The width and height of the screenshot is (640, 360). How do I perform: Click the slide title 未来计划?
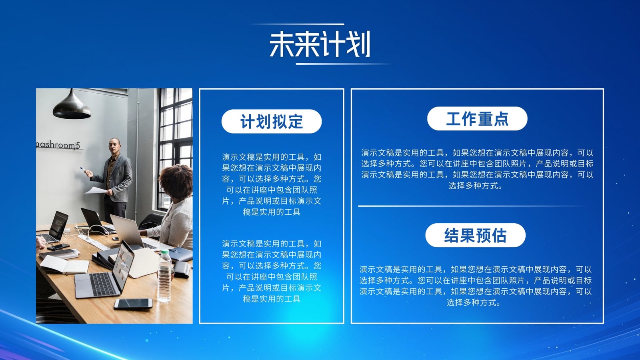click(x=320, y=44)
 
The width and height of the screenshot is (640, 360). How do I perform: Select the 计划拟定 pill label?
click(x=272, y=122)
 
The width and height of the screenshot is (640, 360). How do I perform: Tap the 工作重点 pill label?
click(x=477, y=118)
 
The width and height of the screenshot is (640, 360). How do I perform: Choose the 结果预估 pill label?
click(x=476, y=235)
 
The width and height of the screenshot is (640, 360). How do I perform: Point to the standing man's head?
click(x=114, y=146)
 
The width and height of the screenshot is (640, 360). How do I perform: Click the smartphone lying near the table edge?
click(x=133, y=304)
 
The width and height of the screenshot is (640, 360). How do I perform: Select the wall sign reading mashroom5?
click(x=58, y=145)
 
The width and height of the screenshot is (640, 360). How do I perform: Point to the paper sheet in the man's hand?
click(x=96, y=190)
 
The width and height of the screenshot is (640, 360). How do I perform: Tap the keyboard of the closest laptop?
click(x=102, y=284)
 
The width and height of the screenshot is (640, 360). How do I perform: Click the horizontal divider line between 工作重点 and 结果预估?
click(x=473, y=206)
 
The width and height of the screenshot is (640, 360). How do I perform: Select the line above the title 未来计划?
click(x=297, y=24)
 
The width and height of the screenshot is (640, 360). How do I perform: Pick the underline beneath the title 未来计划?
click(x=343, y=64)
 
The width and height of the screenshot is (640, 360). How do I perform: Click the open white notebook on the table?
click(x=64, y=264)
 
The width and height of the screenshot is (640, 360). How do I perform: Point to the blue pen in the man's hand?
click(x=82, y=169)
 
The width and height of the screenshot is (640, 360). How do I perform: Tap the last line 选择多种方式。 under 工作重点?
click(x=476, y=186)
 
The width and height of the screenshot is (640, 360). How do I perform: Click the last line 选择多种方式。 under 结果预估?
click(x=474, y=302)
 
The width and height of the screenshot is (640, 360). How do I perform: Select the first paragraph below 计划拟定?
click(x=272, y=184)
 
